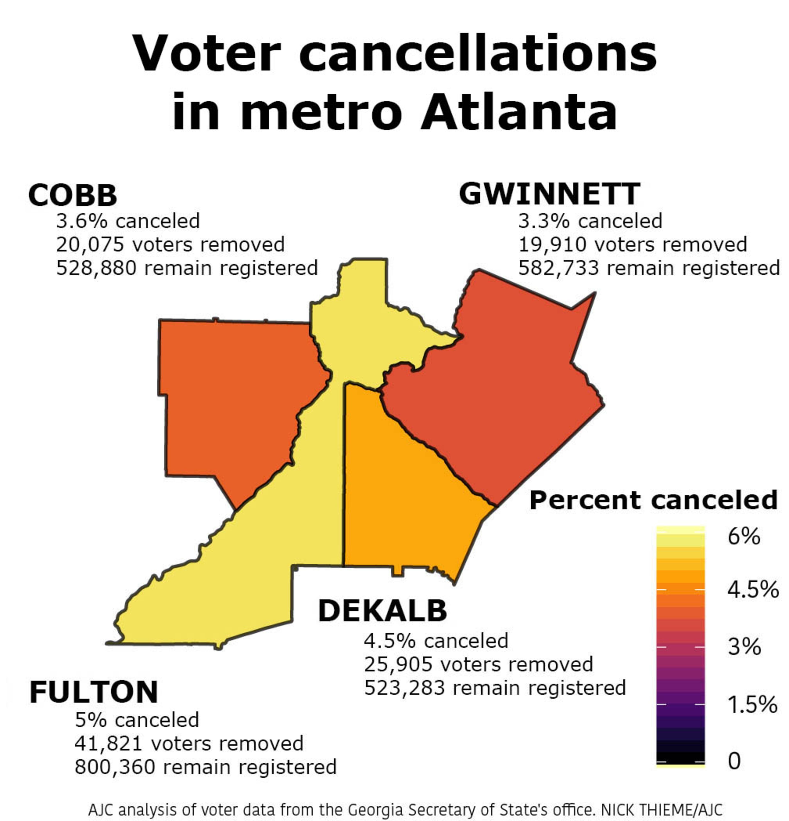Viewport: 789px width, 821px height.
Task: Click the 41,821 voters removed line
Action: click(189, 743)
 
